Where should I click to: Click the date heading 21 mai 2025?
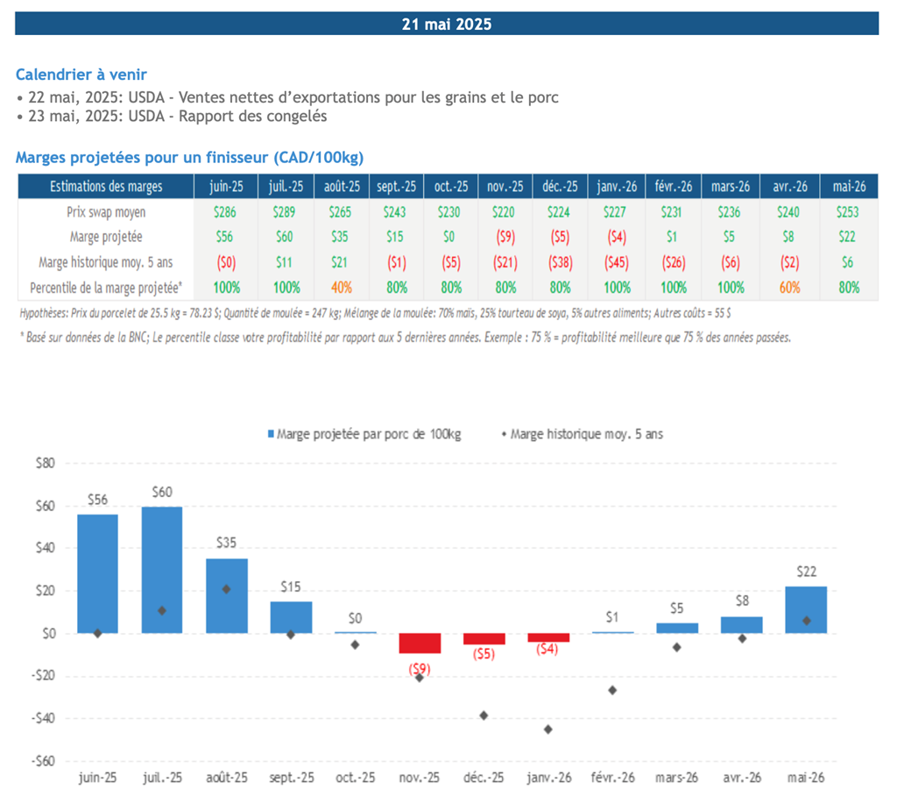pyautogui.click(x=447, y=24)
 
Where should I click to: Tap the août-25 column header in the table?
pyautogui.click(x=341, y=187)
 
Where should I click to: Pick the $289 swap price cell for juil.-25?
pyautogui.click(x=285, y=211)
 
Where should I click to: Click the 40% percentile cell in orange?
pyautogui.click(x=341, y=287)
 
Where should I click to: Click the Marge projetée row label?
pyautogui.click(x=104, y=237)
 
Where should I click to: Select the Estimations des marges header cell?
pyautogui.click(x=104, y=187)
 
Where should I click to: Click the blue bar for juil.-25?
pyautogui.click(x=162, y=570)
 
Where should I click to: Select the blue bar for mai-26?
pyautogui.click(x=806, y=609)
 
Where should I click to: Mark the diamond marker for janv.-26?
pyautogui.click(x=548, y=729)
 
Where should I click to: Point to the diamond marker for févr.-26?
pyautogui.click(x=612, y=690)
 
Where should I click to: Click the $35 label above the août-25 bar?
pyautogui.click(x=226, y=543)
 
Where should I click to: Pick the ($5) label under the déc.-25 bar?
pyautogui.click(x=483, y=654)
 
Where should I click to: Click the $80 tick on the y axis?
pyautogui.click(x=43, y=463)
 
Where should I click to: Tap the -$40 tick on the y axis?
pyautogui.click(x=41, y=718)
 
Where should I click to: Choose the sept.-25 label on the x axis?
pyautogui.click(x=291, y=778)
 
